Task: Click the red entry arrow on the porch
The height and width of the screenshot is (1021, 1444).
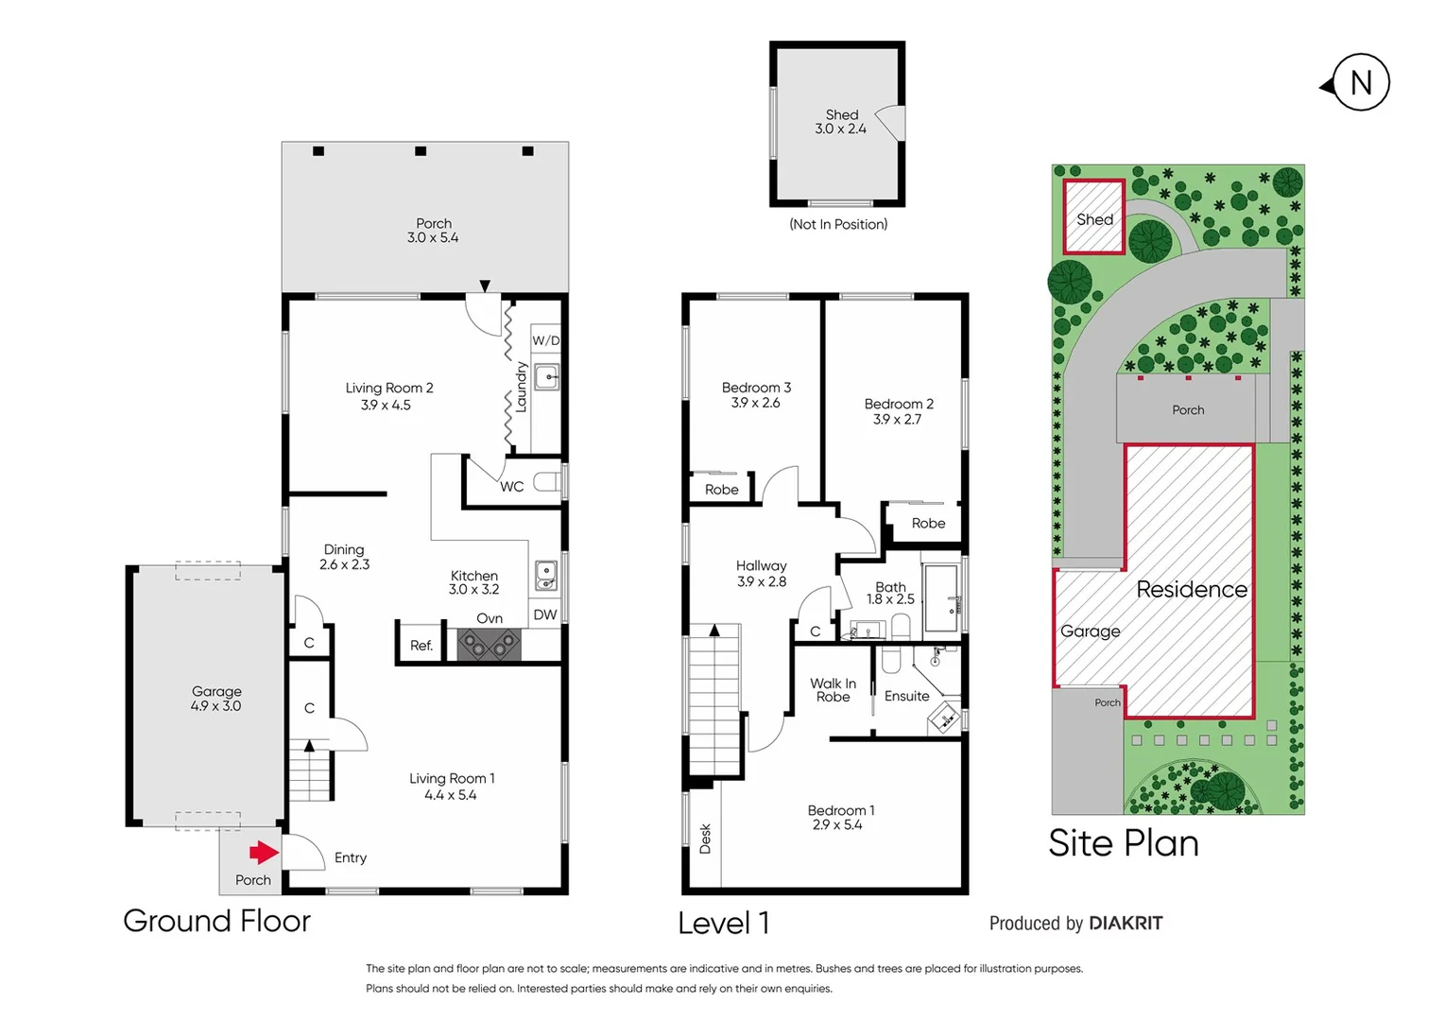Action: click(x=264, y=853)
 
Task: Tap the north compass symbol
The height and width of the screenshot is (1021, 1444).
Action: click(x=1359, y=84)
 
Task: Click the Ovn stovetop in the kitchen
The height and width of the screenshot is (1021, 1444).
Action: click(x=489, y=645)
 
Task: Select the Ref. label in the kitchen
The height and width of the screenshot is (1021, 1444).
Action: click(x=421, y=646)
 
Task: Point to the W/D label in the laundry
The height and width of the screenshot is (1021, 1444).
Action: click(x=545, y=340)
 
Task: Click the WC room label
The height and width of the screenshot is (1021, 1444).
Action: click(x=511, y=487)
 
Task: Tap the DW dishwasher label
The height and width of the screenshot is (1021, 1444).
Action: click(x=544, y=614)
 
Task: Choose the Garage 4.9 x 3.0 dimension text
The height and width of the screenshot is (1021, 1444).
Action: click(x=215, y=706)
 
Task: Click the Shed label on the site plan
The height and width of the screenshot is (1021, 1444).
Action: click(x=1094, y=219)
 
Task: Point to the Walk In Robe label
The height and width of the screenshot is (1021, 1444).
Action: click(x=833, y=690)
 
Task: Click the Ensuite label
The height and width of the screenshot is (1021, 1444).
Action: click(x=906, y=696)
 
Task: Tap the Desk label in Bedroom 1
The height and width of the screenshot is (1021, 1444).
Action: click(x=705, y=839)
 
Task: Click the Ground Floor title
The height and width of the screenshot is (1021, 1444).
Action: click(x=216, y=921)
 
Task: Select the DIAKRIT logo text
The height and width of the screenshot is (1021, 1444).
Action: click(x=1126, y=924)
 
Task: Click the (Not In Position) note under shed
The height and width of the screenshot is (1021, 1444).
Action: click(x=838, y=224)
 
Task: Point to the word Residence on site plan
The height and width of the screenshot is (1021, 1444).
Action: click(x=1191, y=590)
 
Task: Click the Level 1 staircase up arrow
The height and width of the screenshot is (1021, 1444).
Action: click(x=714, y=631)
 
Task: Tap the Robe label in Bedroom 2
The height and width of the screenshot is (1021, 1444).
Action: click(x=928, y=523)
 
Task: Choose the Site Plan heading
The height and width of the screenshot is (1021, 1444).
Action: click(x=1123, y=843)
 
